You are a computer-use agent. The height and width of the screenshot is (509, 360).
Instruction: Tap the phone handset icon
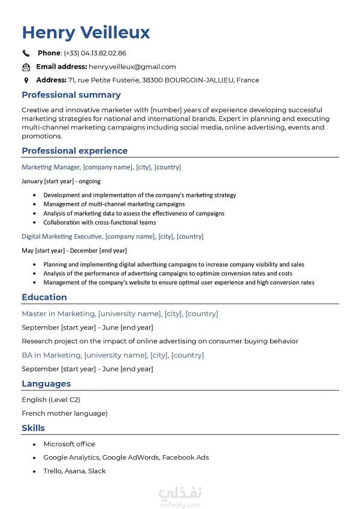26,53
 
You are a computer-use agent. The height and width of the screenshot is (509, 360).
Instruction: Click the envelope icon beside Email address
26,67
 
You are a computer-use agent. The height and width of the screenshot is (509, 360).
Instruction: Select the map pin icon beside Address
26,80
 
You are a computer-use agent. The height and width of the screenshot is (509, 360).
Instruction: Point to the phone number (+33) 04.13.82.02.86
95,53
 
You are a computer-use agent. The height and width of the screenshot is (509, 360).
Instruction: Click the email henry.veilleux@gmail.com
132,67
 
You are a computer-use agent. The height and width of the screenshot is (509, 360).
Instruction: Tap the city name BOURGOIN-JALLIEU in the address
199,80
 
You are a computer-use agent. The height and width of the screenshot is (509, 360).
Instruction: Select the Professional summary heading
71,95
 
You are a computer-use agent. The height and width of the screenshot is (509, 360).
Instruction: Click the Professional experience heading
74,151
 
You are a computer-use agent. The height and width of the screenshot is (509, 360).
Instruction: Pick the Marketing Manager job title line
101,167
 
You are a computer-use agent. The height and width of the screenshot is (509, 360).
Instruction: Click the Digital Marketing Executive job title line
113,237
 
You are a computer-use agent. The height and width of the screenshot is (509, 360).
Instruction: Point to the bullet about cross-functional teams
99,222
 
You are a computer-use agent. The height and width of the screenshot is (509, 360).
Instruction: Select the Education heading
44,297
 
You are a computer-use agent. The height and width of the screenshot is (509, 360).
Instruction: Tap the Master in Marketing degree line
120,314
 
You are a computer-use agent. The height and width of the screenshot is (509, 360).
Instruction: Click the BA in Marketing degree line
113,355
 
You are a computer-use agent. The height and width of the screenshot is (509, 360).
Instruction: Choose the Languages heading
46,384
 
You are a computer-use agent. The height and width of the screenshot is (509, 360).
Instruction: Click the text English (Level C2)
51,399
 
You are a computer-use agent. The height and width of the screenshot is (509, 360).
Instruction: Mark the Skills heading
33,428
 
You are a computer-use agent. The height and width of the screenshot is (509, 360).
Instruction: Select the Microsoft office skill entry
69,444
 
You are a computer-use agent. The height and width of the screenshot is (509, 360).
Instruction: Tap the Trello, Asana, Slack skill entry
74,471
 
